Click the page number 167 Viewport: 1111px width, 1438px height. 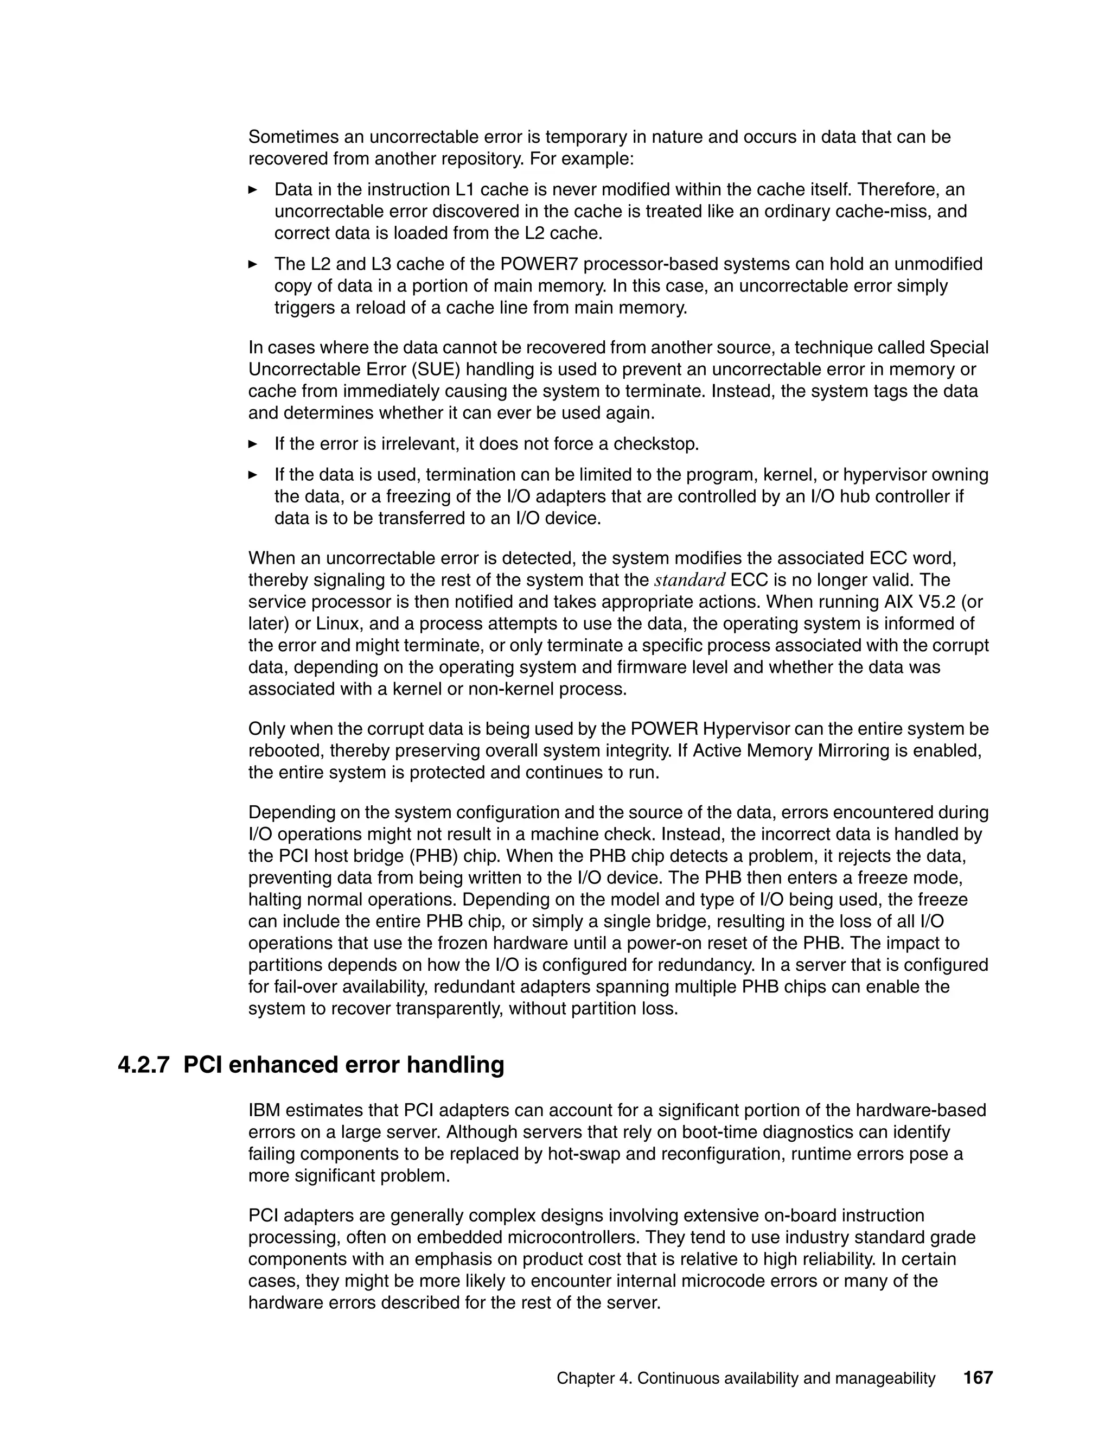pyautogui.click(x=978, y=1377)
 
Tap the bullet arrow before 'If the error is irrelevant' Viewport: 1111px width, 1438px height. pyautogui.click(x=253, y=444)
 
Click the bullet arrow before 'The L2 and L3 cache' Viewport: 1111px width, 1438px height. pyautogui.click(x=253, y=264)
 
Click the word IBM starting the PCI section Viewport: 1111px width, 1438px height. pyautogui.click(x=265, y=1110)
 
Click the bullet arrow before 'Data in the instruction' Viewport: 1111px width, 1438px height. pyautogui.click(x=253, y=189)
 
